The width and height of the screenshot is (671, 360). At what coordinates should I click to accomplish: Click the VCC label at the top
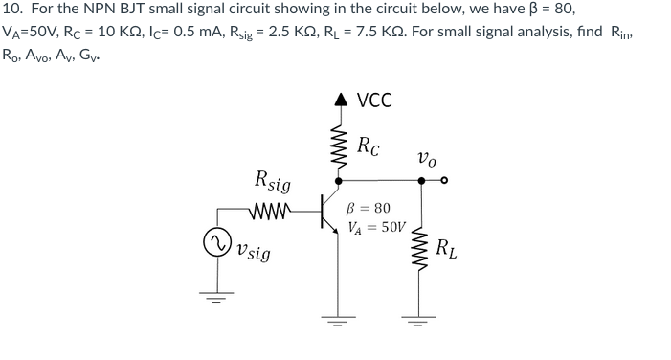pyautogui.click(x=374, y=101)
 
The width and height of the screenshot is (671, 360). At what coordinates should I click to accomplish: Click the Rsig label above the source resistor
pyautogui.click(x=274, y=179)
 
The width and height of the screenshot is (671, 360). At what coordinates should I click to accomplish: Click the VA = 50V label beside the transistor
pyautogui.click(x=377, y=228)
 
